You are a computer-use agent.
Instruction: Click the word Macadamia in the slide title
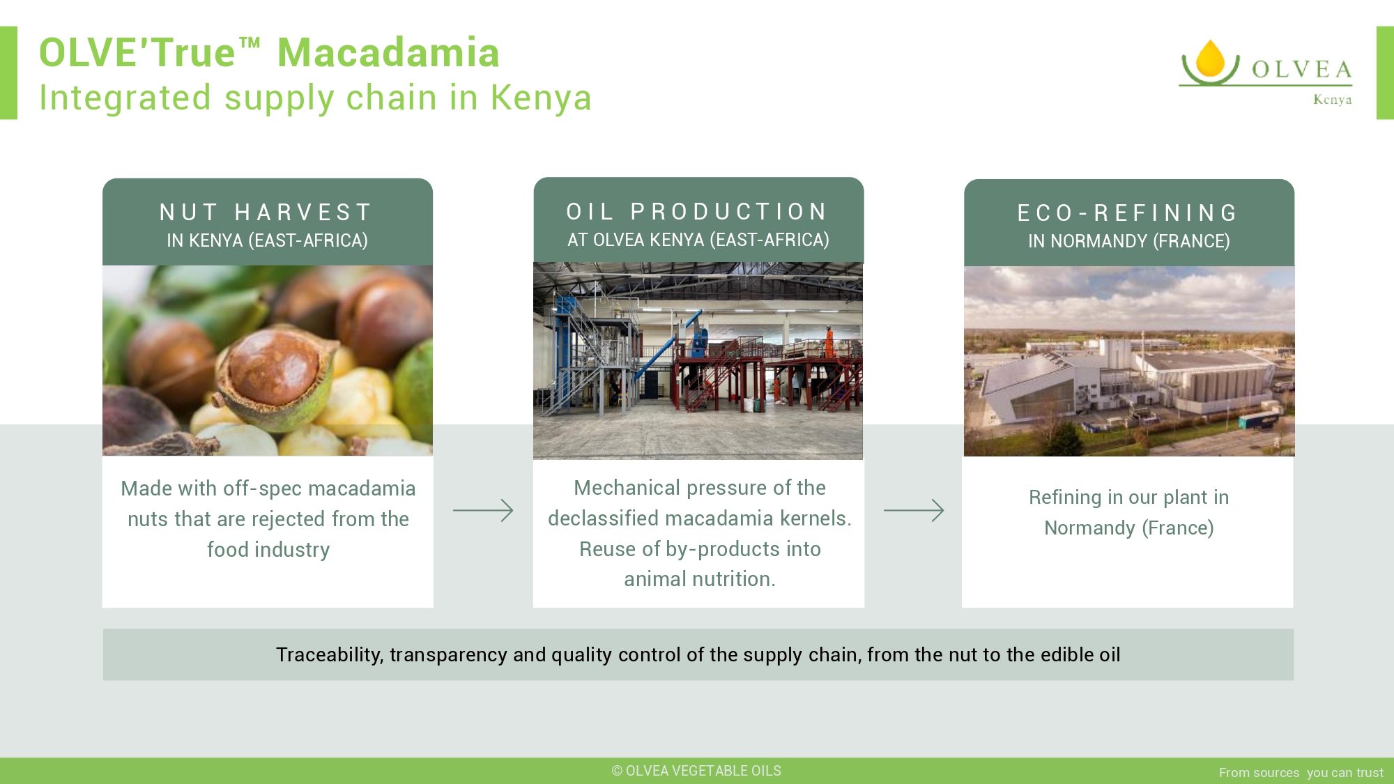[388, 52]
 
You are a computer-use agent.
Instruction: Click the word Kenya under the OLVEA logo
[1333, 100]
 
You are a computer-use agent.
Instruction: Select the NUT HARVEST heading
[266, 212]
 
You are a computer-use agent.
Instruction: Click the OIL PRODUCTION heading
[697, 211]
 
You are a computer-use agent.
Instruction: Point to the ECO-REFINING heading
[1128, 213]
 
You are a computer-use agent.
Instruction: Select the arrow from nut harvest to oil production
[483, 510]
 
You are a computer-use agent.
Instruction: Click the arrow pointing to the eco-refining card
[914, 510]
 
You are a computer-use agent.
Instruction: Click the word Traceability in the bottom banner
[330, 655]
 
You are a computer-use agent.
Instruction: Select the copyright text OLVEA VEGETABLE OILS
[696, 771]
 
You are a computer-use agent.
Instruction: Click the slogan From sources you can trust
[1301, 772]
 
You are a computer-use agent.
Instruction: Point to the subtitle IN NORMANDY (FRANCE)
[1128, 241]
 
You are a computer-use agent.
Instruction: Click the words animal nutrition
[699, 579]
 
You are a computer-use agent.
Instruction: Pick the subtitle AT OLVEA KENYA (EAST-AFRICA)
[698, 240]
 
